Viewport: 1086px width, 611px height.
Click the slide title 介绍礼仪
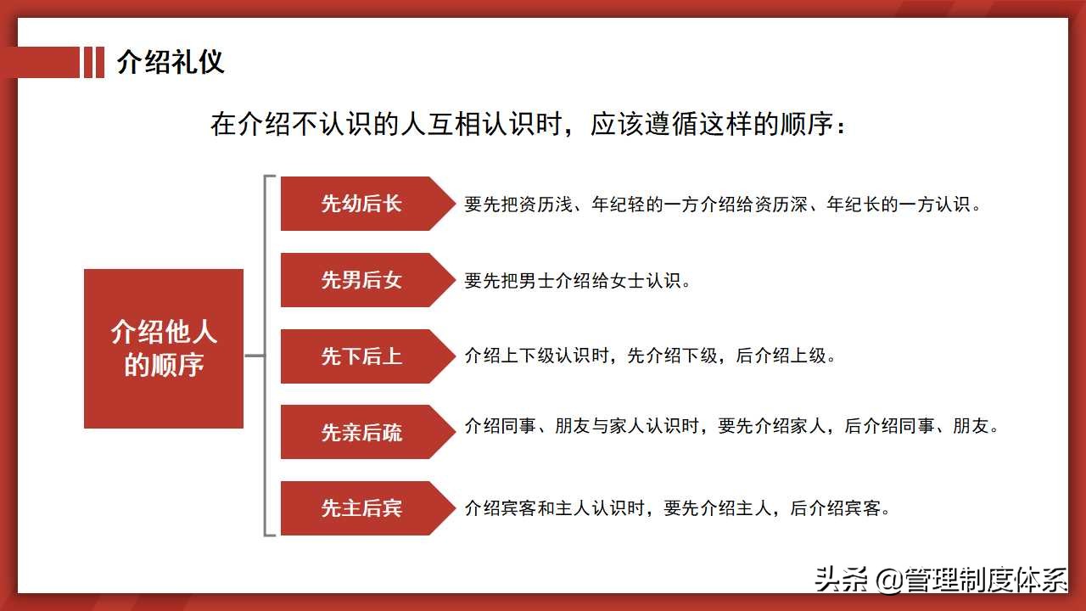170,63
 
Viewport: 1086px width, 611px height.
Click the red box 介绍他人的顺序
164,348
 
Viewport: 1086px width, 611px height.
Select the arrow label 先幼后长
361,204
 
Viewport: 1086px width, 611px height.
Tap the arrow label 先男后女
361,280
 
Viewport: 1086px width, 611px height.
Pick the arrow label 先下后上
361,356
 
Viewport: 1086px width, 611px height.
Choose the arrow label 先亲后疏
361,432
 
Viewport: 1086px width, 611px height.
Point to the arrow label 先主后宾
361,508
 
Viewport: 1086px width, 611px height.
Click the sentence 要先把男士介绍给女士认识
578,281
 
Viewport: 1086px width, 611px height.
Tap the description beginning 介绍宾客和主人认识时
677,509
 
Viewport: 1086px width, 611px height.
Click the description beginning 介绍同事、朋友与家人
732,426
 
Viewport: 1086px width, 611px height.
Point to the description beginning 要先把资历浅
723,205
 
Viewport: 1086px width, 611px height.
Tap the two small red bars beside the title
93,63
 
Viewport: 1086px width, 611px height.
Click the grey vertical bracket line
266,356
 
